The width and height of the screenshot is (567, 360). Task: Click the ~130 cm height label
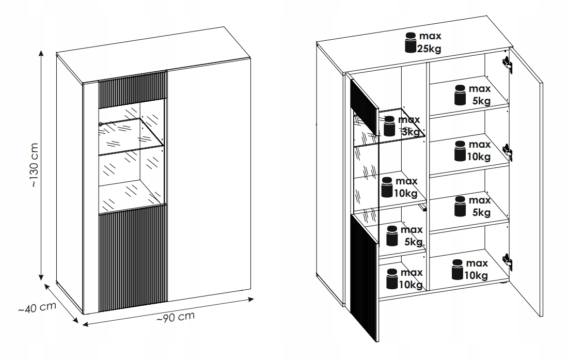click(34, 165)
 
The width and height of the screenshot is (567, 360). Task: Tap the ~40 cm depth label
click(37, 307)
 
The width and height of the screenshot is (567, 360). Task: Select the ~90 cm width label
click(176, 317)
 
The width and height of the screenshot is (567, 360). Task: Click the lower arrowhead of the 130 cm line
click(41, 277)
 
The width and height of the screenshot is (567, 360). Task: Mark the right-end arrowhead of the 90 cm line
click(251, 299)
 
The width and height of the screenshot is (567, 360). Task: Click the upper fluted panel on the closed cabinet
click(132, 89)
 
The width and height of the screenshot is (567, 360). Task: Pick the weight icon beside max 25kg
click(411, 42)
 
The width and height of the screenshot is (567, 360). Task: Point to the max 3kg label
click(409, 126)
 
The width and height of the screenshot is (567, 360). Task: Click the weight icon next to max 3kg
click(389, 126)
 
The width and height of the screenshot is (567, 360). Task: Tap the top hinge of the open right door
click(507, 63)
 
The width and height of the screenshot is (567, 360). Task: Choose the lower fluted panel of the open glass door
click(364, 277)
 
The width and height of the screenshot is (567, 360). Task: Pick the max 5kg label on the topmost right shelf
click(480, 95)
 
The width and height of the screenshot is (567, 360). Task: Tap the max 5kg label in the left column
click(412, 236)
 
